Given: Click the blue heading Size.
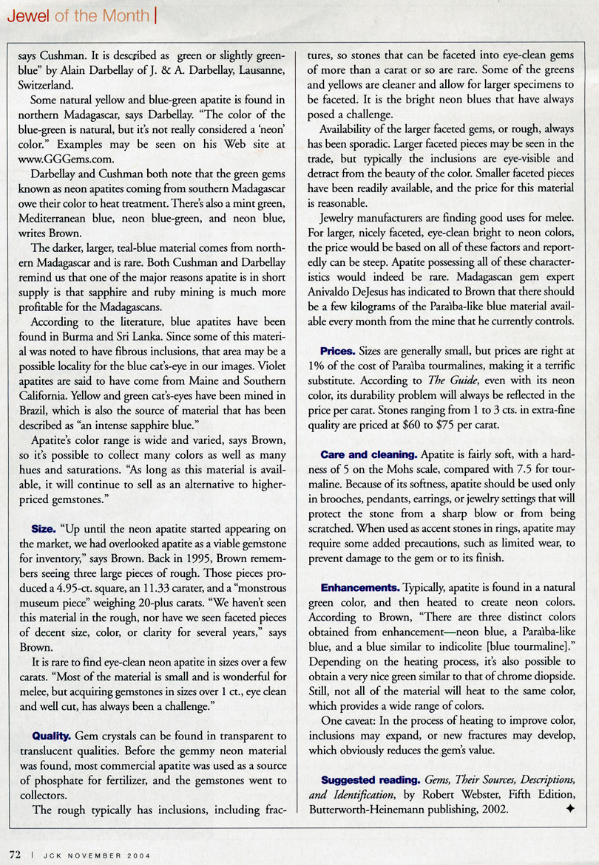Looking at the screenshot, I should (44, 530).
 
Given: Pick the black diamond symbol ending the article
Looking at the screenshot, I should (569, 809).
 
